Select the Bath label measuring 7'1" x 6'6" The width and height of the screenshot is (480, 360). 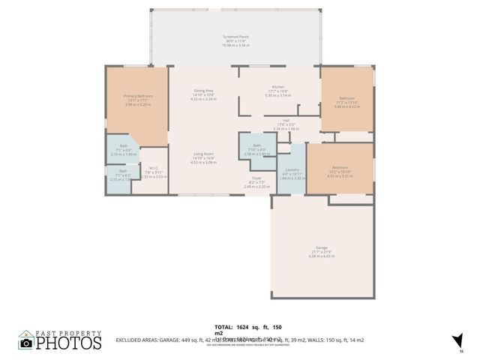tap(123, 149)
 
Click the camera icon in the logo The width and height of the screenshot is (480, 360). tap(26, 343)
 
